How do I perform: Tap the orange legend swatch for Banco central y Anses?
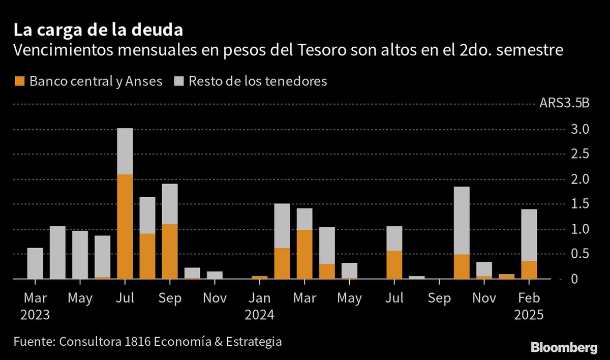(19, 81)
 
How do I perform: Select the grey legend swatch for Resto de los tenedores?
(179, 81)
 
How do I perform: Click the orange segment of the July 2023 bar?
(125, 226)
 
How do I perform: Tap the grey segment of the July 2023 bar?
(125, 151)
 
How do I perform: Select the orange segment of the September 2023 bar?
(169, 251)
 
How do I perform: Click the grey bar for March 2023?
(35, 263)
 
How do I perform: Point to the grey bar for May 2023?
(80, 255)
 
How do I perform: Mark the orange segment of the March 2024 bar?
(304, 254)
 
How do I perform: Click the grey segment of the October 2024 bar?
(461, 220)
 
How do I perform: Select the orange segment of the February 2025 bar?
(529, 270)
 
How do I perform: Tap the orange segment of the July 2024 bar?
(394, 265)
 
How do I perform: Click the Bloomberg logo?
(564, 348)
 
